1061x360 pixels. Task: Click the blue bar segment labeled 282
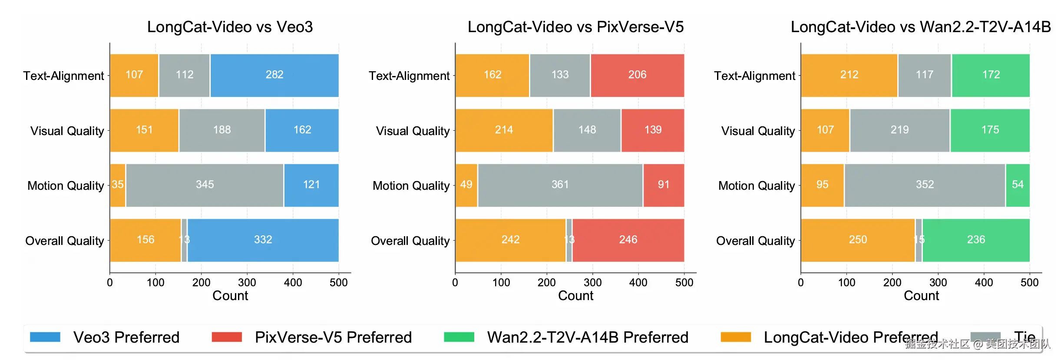tap(274, 75)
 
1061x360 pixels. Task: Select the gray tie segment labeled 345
tap(205, 185)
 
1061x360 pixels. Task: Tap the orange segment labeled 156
tap(145, 240)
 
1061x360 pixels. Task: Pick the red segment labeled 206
tap(637, 75)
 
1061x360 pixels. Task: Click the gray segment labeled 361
tap(560, 185)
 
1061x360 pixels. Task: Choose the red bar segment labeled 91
tap(663, 185)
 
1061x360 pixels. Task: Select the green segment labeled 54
tap(1018, 185)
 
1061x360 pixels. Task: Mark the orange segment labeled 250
tap(858, 240)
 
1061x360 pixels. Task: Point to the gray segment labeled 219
tap(899, 130)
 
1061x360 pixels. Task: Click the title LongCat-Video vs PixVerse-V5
tap(575, 27)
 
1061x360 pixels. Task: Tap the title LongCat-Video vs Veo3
tap(230, 27)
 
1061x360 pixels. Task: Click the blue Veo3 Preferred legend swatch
tap(45, 337)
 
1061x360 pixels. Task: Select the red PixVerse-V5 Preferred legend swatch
tap(227, 337)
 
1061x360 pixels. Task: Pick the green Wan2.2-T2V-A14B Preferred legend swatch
tap(459, 337)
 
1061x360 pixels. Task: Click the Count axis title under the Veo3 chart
tap(230, 296)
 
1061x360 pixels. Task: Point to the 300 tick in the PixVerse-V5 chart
tap(592, 283)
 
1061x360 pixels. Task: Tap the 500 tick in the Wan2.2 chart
tap(1029, 283)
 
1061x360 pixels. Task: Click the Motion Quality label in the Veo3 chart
tap(66, 186)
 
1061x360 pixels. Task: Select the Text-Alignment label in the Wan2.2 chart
tap(754, 76)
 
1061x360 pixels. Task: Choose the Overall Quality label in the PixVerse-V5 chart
tap(410, 241)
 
